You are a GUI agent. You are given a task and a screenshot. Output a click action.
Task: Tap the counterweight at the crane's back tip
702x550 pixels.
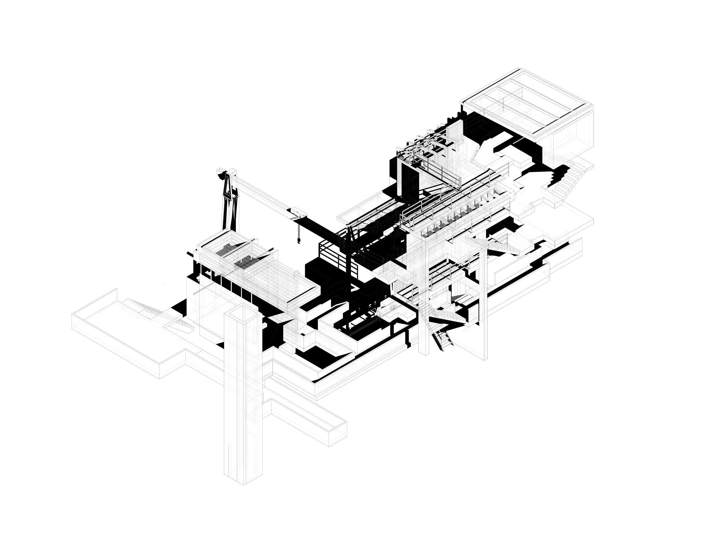click(221, 176)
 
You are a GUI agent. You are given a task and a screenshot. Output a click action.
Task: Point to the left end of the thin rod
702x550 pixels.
click(194, 294)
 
